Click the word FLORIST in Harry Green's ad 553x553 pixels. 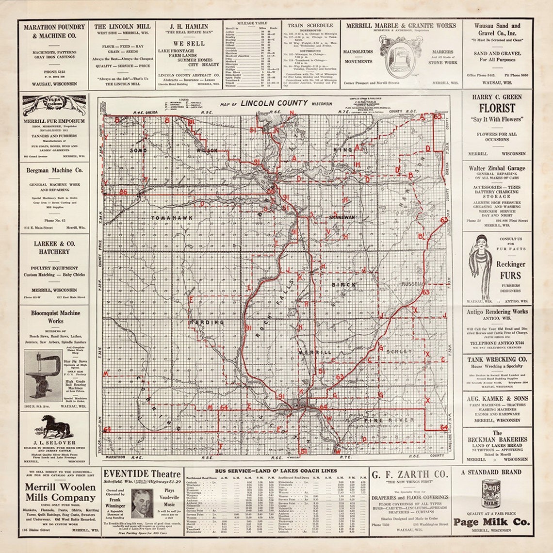click(x=497, y=108)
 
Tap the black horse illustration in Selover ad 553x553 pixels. click(x=54, y=426)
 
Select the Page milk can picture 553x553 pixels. click(x=491, y=494)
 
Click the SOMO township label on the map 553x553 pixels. click(x=138, y=151)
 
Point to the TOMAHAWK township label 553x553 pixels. click(x=168, y=218)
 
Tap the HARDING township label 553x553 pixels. click(x=207, y=322)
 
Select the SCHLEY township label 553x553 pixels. click(x=399, y=351)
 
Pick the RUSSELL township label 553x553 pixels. click(x=412, y=283)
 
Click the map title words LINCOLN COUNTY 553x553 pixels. click(x=274, y=103)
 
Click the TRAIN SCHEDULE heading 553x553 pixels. click(x=310, y=25)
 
